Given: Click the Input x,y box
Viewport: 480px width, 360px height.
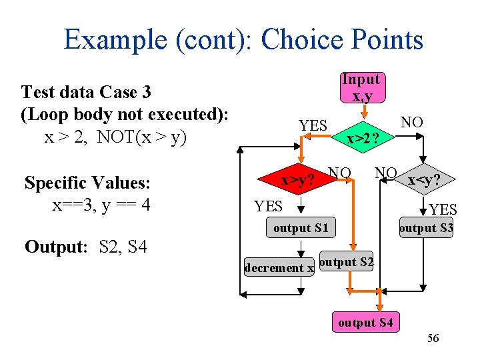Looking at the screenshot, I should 361,87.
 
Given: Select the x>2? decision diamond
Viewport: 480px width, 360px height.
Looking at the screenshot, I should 363,139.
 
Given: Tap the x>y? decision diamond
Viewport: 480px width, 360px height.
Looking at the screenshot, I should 298,180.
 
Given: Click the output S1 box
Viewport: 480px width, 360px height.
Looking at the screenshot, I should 301,228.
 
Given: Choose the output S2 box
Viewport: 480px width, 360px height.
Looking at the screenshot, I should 347,262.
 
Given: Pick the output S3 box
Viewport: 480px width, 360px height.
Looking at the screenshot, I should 426,228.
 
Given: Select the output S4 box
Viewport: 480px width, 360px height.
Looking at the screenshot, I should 365,323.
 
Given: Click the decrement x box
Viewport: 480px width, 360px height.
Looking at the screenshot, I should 279,268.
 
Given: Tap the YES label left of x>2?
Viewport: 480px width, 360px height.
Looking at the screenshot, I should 313,125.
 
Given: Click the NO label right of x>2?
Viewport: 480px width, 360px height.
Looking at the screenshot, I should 411,122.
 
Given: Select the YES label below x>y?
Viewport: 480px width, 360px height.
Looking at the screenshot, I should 269,206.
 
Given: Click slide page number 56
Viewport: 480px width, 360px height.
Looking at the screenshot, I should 433,339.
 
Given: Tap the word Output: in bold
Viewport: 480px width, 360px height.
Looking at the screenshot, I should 56,247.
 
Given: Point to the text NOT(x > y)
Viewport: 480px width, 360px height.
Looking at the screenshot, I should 141,137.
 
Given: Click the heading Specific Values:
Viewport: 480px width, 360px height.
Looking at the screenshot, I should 87,182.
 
